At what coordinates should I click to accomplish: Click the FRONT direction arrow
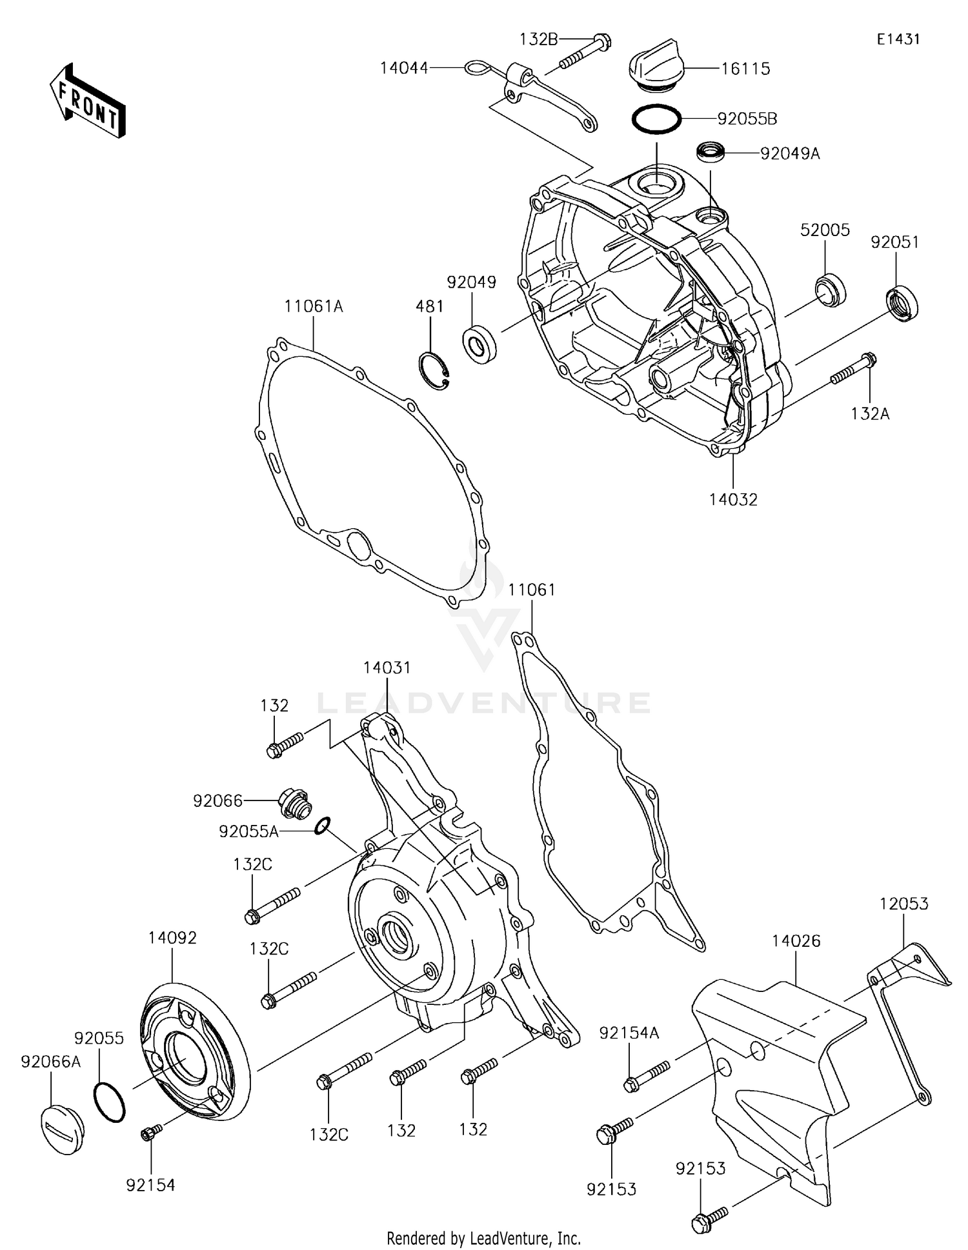pos(87,102)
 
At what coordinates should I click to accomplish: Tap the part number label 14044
pos(404,67)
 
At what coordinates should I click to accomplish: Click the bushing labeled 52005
pos(830,289)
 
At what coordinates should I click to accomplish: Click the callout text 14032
pos(733,499)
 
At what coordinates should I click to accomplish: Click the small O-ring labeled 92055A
pos(323,826)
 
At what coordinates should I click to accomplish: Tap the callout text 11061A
pos(314,306)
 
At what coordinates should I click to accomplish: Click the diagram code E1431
pos(898,39)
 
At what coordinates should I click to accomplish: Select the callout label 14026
pos(796,941)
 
